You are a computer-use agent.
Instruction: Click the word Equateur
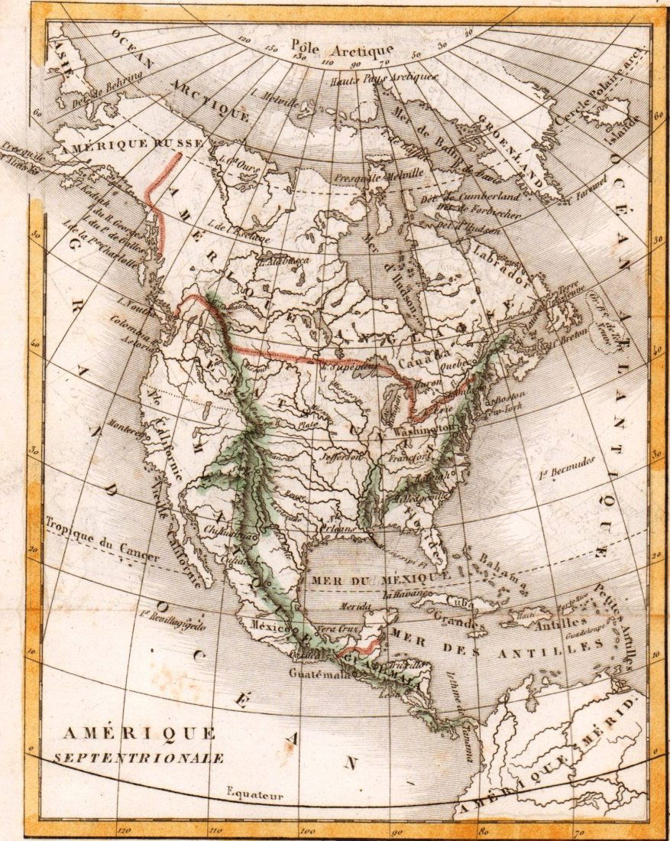254,795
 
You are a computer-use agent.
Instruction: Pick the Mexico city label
270,625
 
